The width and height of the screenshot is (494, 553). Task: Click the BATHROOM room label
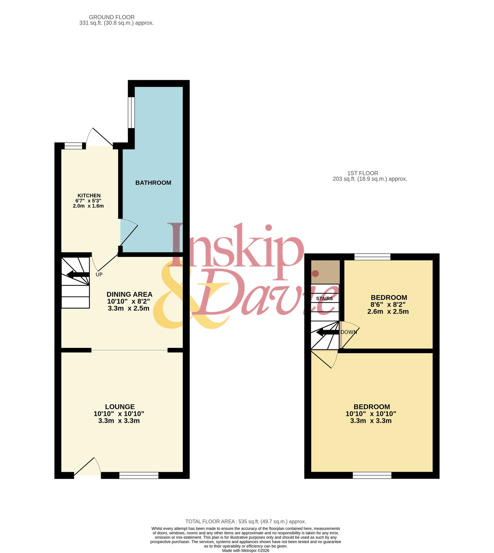[153, 182]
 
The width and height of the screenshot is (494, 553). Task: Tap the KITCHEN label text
[89, 195]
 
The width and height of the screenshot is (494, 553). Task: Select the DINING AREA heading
[129, 294]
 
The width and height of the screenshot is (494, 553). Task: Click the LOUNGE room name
[120, 407]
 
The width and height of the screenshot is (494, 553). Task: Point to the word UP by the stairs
[99, 274]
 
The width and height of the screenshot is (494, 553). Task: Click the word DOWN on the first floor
[349, 332]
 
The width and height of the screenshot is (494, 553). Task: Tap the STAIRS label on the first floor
[324, 299]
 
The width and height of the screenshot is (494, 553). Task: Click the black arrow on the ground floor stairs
[78, 274]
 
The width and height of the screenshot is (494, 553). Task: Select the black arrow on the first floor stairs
[328, 333]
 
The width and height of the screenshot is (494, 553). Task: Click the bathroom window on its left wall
[131, 112]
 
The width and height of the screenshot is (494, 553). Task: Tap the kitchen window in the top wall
[73, 146]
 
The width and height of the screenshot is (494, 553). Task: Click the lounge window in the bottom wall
[139, 475]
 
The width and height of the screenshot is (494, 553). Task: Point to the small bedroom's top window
[372, 257]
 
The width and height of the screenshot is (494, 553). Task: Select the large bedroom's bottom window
[372, 475]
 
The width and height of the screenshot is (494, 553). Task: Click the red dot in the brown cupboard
[315, 274]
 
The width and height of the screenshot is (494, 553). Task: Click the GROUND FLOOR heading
[112, 17]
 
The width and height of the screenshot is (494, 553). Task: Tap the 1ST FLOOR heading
[363, 173]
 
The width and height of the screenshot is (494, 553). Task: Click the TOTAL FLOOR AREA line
[246, 522]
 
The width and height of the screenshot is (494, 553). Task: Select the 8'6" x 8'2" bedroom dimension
[388, 304]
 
